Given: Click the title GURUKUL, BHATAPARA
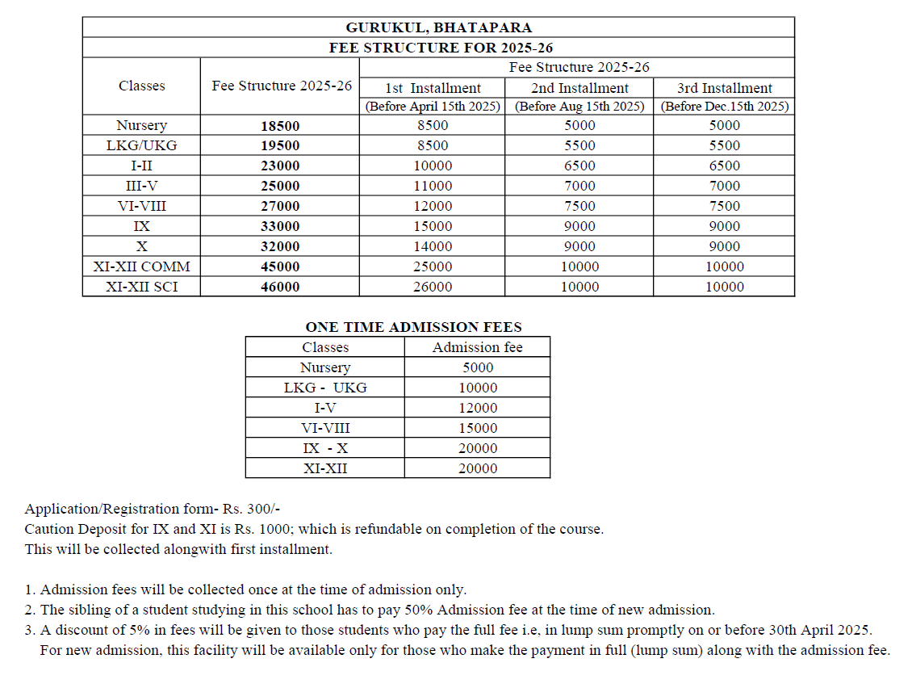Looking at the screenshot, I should (438, 28).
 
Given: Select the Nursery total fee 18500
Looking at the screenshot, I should (280, 126).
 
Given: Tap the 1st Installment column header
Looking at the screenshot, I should (433, 88).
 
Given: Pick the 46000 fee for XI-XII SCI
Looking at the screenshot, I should (280, 287).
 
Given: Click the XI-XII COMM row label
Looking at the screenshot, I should (142, 266).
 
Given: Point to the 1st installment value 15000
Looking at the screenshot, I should (433, 227).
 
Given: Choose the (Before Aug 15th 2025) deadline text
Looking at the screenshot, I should (579, 107).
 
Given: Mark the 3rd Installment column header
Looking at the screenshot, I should (725, 88).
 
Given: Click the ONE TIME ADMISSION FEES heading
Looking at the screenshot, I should (413, 327).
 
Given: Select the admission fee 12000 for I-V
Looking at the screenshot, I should (478, 409).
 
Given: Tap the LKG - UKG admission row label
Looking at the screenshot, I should (325, 388).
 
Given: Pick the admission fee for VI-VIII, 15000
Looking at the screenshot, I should (478, 429).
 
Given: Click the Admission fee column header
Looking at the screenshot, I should (477, 347).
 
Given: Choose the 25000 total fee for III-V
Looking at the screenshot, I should (280, 187).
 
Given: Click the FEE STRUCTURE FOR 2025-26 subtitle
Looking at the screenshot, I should (441, 48).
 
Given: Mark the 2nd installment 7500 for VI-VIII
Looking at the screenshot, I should (579, 207).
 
